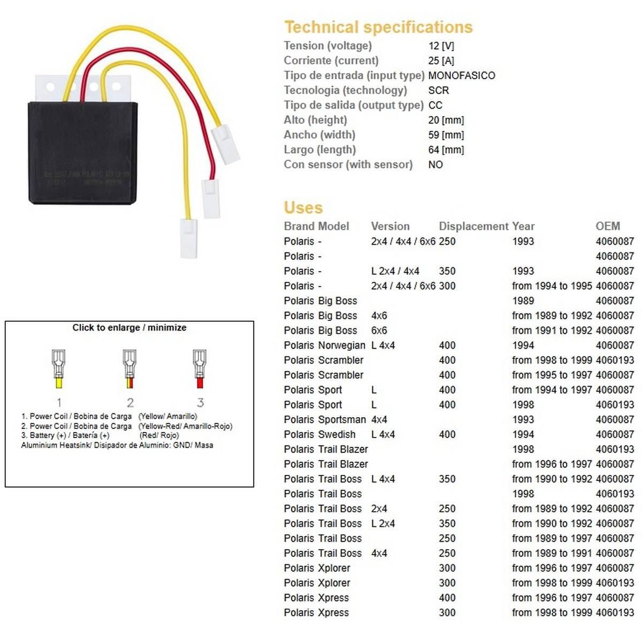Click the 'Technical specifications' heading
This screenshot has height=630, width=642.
[x=378, y=27]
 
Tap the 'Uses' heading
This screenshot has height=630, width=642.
[x=303, y=208]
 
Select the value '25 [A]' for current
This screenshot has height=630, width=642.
[x=441, y=60]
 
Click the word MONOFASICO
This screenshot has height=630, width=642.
[x=461, y=75]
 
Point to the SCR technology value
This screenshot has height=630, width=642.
[x=438, y=90]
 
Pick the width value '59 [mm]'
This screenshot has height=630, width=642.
[x=446, y=135]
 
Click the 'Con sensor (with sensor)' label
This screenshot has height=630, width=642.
[x=348, y=165]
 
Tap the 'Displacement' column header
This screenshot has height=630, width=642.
[x=473, y=226]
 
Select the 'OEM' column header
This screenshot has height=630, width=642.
[x=608, y=226]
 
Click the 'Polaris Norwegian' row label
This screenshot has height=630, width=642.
[x=324, y=345]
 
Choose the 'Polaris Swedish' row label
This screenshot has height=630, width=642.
[x=319, y=434]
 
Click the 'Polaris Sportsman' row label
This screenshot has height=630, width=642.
[x=325, y=420]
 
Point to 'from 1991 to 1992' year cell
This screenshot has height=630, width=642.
[x=552, y=331]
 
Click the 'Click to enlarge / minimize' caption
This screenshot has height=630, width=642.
[x=129, y=327]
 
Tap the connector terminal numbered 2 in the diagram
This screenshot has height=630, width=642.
[x=129, y=368]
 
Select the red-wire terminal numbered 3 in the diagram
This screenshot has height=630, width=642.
[x=200, y=368]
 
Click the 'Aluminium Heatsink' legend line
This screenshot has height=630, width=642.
[x=117, y=445]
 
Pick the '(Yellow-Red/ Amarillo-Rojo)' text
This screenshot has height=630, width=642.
[x=185, y=426]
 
